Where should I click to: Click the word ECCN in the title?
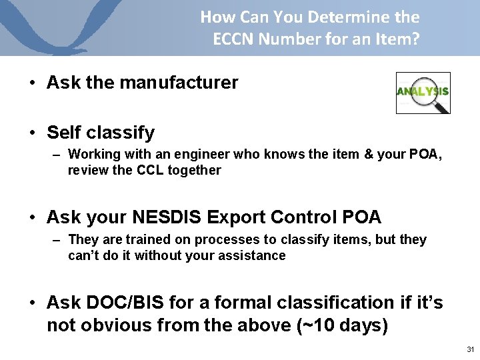pos(233,39)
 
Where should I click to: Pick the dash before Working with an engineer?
pos(58,155)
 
